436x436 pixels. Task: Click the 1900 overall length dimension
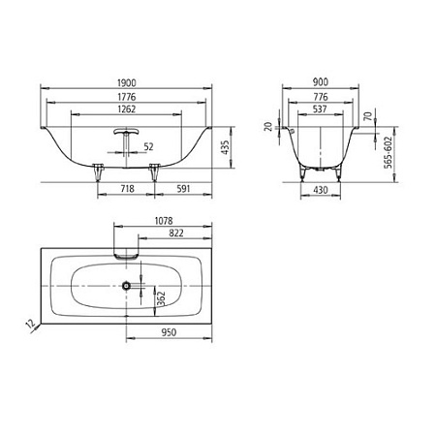[127, 83]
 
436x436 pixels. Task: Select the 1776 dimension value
[127, 97]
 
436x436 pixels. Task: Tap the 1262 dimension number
[127, 109]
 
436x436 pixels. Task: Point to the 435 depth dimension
[225, 147]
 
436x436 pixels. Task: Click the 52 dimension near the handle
[148, 147]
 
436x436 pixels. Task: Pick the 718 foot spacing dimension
[127, 189]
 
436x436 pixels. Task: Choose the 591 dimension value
[183, 189]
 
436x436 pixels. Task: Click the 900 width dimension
[321, 82]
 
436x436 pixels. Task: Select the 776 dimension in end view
[321, 97]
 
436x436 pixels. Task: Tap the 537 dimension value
[320, 109]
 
